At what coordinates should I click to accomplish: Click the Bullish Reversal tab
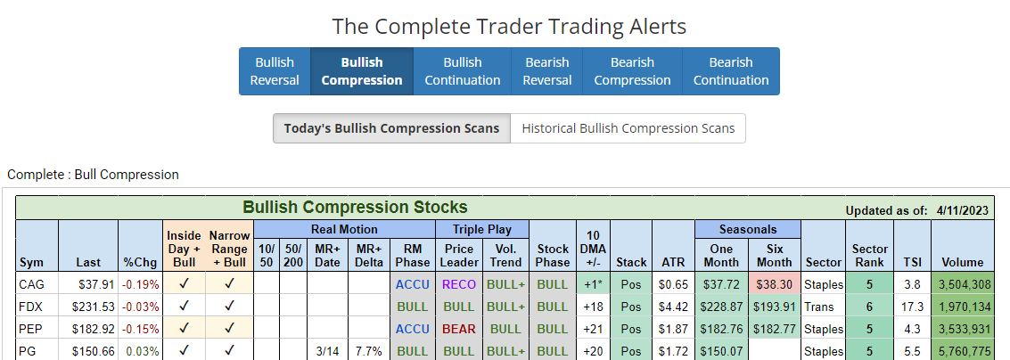(275, 71)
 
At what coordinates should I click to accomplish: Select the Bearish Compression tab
(632, 71)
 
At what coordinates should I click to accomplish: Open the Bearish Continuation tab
(731, 71)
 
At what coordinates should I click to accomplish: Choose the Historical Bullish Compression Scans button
(628, 128)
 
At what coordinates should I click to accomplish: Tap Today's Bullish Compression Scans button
(391, 128)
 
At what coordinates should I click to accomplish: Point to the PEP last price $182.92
(87, 329)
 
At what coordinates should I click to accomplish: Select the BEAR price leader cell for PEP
(459, 329)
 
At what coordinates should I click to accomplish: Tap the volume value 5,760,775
(963, 350)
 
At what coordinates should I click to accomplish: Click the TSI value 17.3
(913, 307)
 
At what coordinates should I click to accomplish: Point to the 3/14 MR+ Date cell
(327, 350)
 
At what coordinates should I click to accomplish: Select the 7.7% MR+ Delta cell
(369, 350)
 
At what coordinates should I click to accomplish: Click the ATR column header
(673, 262)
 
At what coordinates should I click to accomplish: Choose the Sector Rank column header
(870, 255)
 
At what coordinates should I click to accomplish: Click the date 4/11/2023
(963, 210)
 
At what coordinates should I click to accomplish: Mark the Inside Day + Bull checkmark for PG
(184, 350)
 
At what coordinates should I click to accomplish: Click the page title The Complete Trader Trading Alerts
(509, 26)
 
